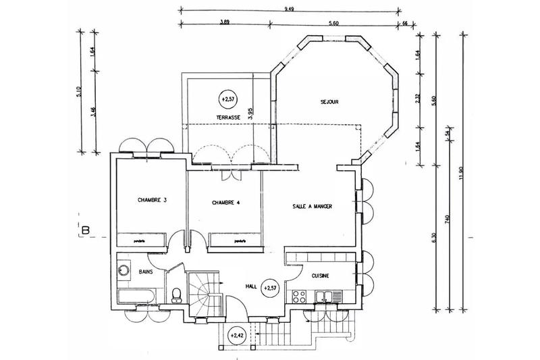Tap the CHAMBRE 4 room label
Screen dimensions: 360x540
226,202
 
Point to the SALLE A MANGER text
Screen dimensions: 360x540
313,206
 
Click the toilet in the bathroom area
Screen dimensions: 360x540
177,294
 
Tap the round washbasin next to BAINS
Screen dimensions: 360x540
124,270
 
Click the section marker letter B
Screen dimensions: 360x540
86,230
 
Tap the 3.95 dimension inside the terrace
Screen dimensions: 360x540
250,113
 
